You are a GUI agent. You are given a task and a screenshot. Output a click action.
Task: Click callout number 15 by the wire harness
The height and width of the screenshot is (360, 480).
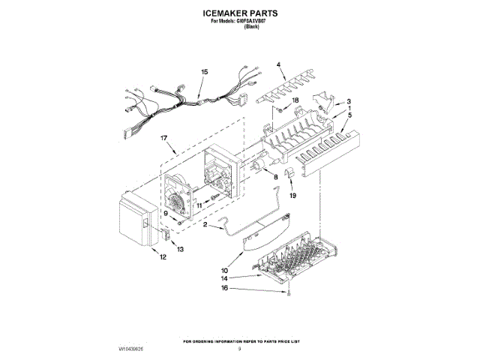point(204,72)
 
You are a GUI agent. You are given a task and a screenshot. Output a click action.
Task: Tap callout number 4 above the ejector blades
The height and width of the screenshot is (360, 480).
point(280,65)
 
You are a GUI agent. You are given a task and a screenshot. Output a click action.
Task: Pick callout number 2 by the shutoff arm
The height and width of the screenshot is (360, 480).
point(205,224)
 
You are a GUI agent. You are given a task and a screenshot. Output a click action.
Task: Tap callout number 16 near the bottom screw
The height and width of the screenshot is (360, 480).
point(223,287)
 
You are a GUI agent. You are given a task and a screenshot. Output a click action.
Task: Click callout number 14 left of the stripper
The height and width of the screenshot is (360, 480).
point(223,279)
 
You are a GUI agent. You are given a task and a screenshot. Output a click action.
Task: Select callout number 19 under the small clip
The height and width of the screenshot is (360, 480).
point(292,195)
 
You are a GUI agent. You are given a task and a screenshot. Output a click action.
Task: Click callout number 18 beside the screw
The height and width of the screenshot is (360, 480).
point(295,100)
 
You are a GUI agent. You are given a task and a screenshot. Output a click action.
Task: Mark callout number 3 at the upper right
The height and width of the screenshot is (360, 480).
point(348,101)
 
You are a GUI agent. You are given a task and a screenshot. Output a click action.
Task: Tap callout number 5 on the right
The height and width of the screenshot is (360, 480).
point(349,115)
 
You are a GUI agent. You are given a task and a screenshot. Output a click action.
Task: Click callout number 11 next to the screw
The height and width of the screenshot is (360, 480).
point(199,204)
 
